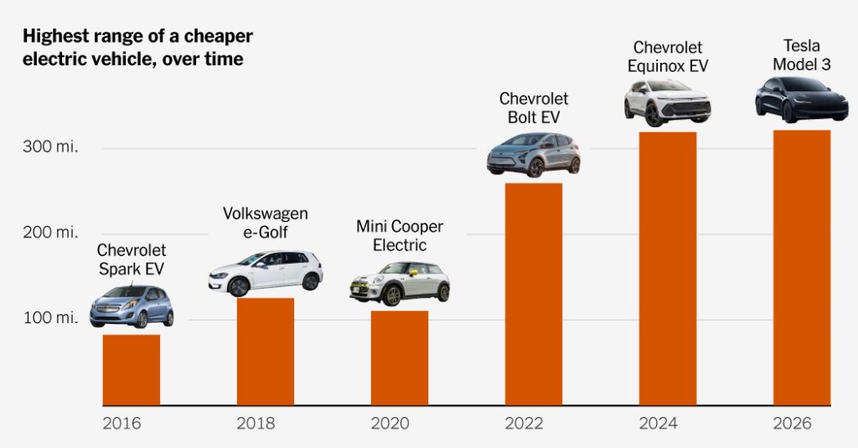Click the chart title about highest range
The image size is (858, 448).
(137, 48)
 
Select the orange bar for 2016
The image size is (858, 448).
(132, 370)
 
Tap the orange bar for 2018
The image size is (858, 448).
(266, 352)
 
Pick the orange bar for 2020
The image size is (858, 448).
(400, 358)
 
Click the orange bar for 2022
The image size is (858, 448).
(534, 294)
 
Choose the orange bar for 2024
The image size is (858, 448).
(668, 269)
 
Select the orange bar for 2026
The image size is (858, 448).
(802, 268)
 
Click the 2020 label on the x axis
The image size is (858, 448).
(390, 424)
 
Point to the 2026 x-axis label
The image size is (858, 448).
(792, 424)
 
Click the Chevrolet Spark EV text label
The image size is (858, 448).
(132, 260)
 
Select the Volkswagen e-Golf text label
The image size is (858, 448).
(266, 223)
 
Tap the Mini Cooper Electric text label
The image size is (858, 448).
(400, 236)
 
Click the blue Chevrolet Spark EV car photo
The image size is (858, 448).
(132, 306)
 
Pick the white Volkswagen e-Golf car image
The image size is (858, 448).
(266, 272)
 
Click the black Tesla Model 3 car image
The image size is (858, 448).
(802, 100)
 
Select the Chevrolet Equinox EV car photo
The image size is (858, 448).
(667, 102)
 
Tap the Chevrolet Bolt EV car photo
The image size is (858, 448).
(534, 154)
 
